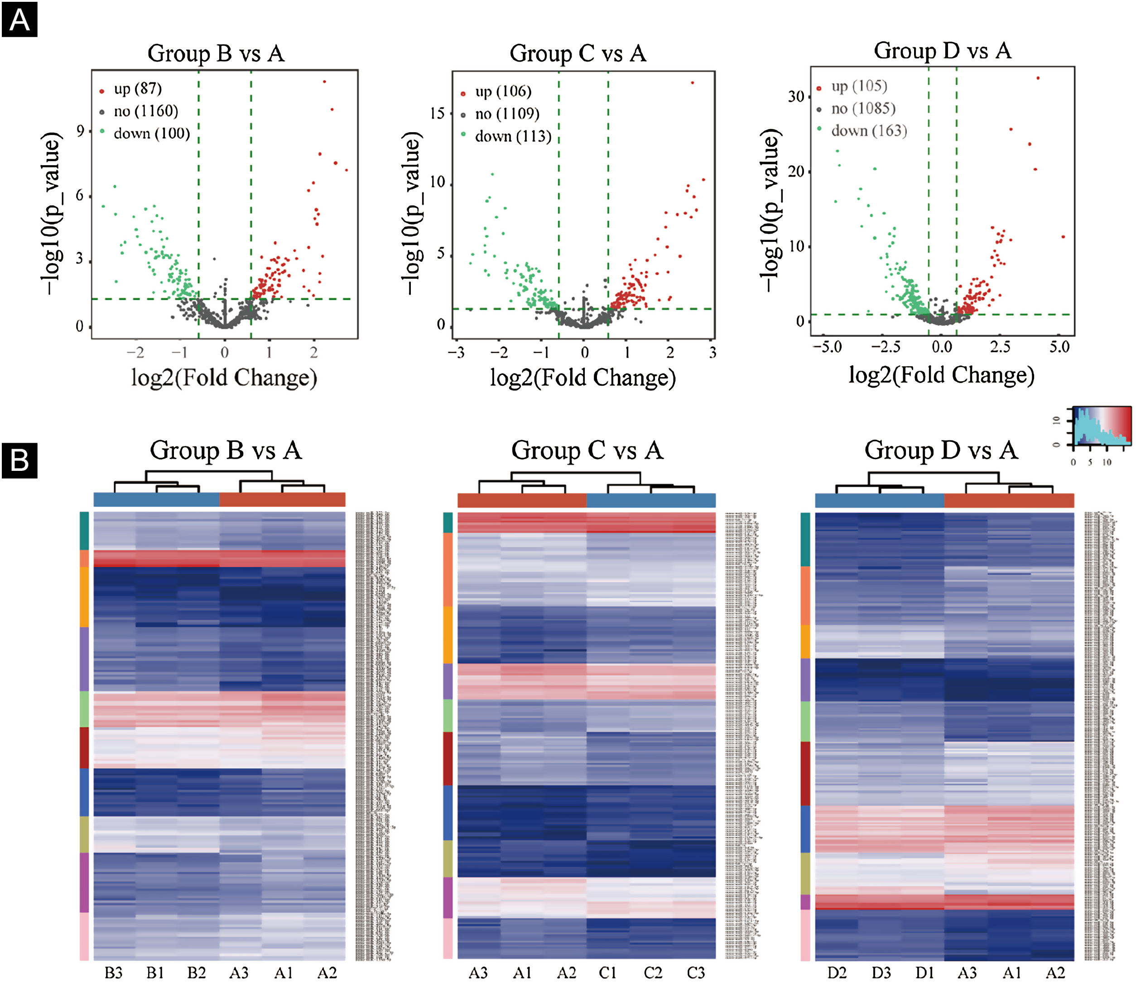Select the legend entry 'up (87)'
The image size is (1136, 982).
[137, 89]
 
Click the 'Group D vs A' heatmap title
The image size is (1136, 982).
[941, 450]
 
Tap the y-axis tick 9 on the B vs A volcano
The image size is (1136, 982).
[81, 131]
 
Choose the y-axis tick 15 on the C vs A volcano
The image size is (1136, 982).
[438, 114]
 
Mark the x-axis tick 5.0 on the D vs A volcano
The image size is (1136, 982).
[1059, 347]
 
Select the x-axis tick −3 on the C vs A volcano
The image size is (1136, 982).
[456, 352]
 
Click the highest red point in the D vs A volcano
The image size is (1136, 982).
[1038, 78]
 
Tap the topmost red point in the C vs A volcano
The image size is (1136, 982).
[693, 83]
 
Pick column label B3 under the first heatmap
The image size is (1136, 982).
[114, 972]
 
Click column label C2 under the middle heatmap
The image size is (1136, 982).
[652, 972]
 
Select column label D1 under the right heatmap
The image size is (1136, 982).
[924, 972]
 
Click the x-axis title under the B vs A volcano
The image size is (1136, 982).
[224, 378]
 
